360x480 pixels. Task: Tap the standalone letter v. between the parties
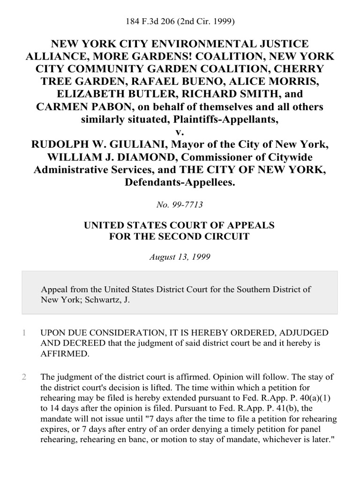tap(180, 132)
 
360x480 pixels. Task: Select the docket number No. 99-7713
tap(180, 204)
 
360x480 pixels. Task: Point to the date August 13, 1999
tap(180, 257)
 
